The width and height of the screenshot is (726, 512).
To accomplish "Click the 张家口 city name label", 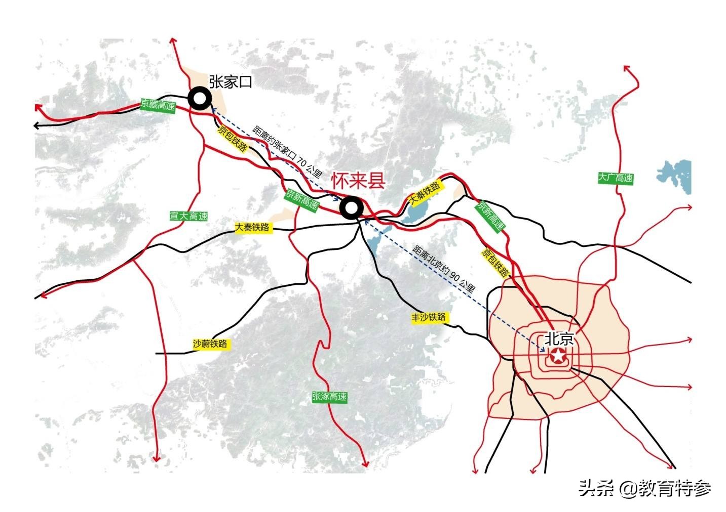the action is (231, 81).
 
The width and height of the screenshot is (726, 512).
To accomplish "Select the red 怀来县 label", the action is (359, 181).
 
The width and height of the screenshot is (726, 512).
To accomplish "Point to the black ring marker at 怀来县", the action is (351, 208).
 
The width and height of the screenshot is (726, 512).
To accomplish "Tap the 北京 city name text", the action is (559, 338).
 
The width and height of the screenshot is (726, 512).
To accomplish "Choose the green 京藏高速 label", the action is (158, 106).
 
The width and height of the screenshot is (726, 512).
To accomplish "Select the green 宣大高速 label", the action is (188, 216).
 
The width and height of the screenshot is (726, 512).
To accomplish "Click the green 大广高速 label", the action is (615, 178).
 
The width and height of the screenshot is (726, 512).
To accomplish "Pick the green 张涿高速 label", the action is (330, 397).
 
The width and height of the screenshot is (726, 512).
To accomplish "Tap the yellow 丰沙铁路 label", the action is (429, 317).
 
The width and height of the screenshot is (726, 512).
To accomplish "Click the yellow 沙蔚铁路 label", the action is (210, 344).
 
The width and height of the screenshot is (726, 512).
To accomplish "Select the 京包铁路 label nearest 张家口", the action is (233, 138).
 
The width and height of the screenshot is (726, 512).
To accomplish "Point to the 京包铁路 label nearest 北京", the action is (494, 262).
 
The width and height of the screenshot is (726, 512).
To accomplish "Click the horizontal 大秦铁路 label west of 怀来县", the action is (253, 228).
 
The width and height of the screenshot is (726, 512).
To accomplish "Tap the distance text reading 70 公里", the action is (287, 151).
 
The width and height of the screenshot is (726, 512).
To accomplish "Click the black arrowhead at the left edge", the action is (36, 125).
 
